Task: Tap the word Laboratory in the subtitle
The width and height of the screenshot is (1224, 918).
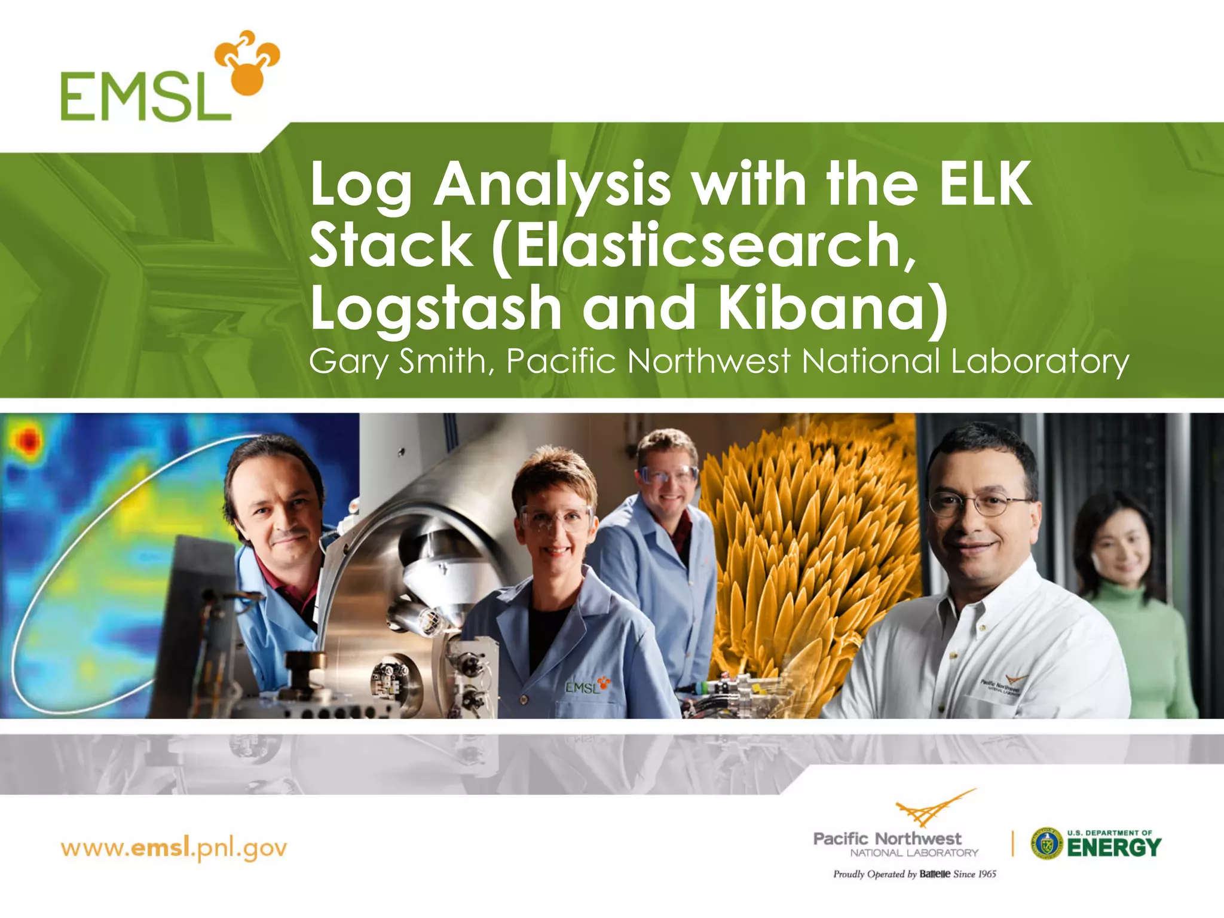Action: point(1039,362)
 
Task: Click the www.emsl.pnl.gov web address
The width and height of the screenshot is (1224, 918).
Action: point(174,848)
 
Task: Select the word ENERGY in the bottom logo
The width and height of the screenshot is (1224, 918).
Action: point(1114,847)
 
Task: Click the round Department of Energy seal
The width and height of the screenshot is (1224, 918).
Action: point(1046,843)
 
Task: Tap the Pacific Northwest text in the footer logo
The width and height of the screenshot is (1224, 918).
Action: point(888,839)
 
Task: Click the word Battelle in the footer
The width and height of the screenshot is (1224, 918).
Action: point(935,874)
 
